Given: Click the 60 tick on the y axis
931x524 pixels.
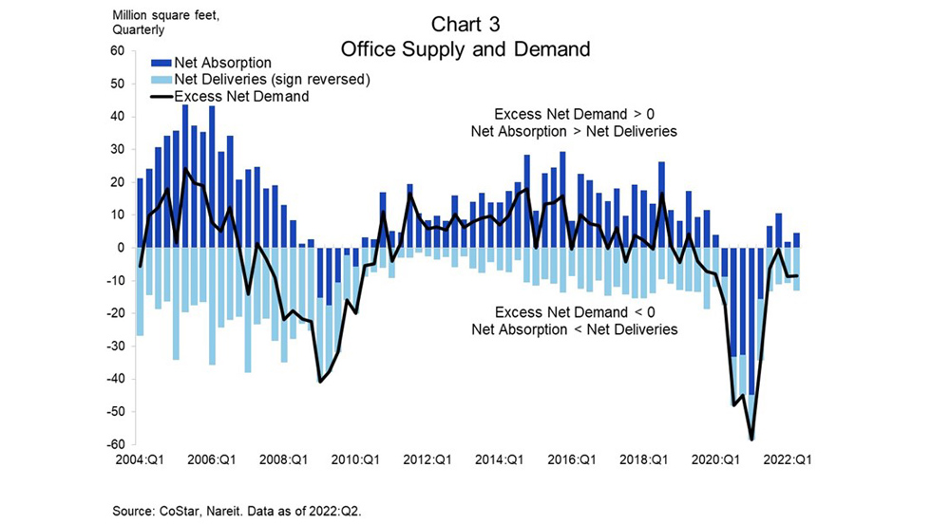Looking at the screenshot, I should [119, 50].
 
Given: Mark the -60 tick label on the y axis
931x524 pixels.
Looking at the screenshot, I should [116, 444].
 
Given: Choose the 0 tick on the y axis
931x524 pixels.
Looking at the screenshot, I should [122, 248].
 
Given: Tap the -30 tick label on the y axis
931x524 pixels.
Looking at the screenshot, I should [116, 346].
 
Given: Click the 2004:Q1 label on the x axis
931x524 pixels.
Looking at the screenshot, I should [139, 459].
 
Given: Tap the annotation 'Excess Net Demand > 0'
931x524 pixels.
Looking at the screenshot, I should [574, 115].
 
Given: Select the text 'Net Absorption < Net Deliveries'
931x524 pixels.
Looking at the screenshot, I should [574, 329].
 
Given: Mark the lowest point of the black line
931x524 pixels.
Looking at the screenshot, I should [752, 439].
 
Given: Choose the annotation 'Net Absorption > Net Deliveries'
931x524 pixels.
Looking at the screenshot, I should [574, 132].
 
